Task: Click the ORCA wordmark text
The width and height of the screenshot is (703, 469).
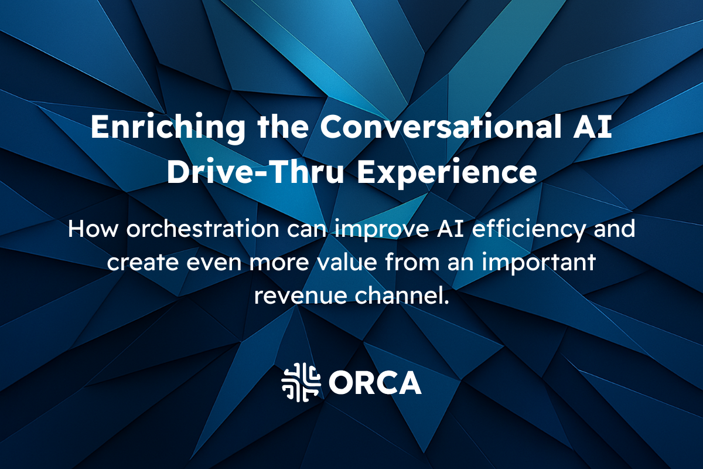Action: (375, 383)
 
